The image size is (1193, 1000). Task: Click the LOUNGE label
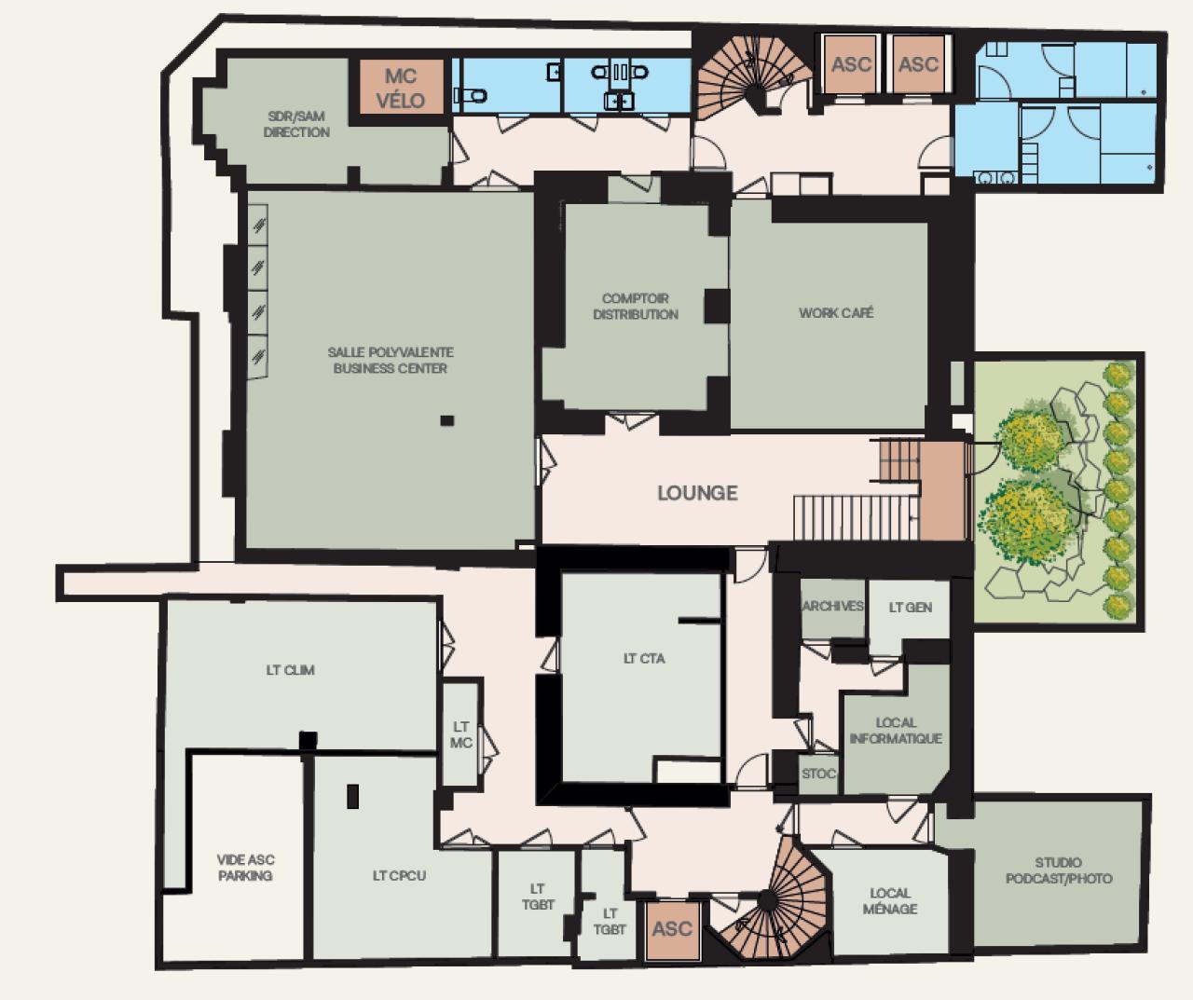[x=697, y=493]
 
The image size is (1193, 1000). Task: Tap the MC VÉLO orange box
[x=400, y=89]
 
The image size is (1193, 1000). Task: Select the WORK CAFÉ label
[x=836, y=313]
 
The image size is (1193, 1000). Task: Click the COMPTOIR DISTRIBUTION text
[x=636, y=307]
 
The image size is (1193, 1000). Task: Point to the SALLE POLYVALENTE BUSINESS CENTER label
[x=391, y=360]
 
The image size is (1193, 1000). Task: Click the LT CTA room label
[x=644, y=658]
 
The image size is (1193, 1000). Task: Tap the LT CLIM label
[x=290, y=669]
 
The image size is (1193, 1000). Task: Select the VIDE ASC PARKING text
[x=246, y=868]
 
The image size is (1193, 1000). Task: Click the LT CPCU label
[x=399, y=875]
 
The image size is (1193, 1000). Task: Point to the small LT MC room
[x=461, y=734]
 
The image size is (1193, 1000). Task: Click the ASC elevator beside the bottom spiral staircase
[x=672, y=928]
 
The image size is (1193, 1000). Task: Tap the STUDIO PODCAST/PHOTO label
[x=1058, y=870]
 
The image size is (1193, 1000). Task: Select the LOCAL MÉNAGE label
[x=889, y=900]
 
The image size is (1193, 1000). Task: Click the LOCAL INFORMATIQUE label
[x=896, y=730]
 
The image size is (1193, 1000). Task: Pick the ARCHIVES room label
[x=832, y=606]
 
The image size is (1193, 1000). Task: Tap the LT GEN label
[x=910, y=607]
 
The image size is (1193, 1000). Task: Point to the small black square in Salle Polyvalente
[x=447, y=420]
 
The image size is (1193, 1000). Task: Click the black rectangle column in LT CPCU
[x=353, y=796]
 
